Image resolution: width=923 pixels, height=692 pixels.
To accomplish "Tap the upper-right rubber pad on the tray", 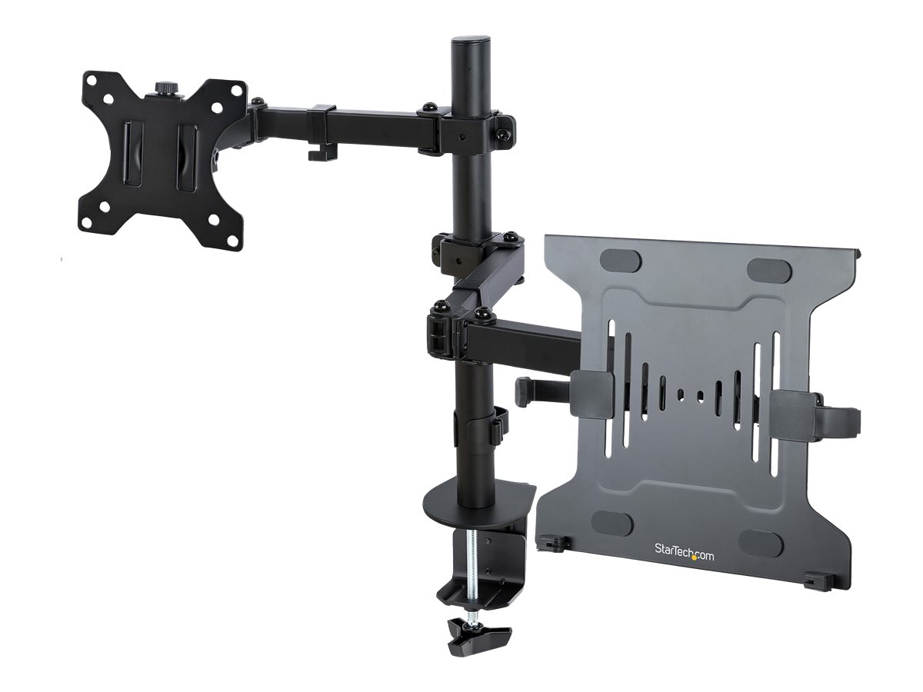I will (769, 269).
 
